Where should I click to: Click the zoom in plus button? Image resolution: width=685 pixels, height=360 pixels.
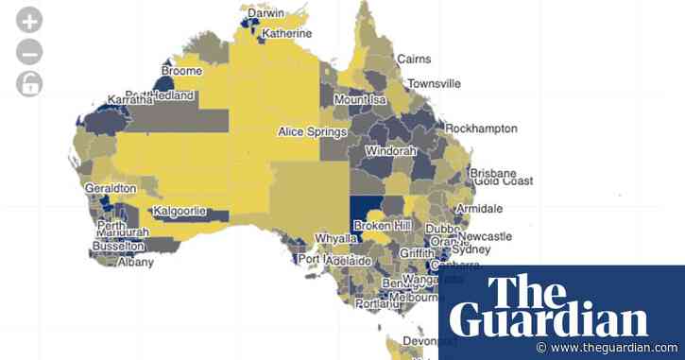30,20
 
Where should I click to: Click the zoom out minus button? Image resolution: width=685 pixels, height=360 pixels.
30,51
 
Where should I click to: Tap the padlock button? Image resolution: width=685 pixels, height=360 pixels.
30,84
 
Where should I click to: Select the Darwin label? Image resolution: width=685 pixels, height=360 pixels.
265,14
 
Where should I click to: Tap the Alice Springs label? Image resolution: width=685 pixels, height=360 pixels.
312,132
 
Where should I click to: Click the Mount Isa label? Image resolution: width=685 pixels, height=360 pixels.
364,100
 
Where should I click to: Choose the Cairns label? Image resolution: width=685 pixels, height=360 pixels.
414,59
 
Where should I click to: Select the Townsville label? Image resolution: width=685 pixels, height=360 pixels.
435,83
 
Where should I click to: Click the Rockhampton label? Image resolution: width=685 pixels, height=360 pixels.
482,128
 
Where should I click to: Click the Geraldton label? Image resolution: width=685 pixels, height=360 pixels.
111,188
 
